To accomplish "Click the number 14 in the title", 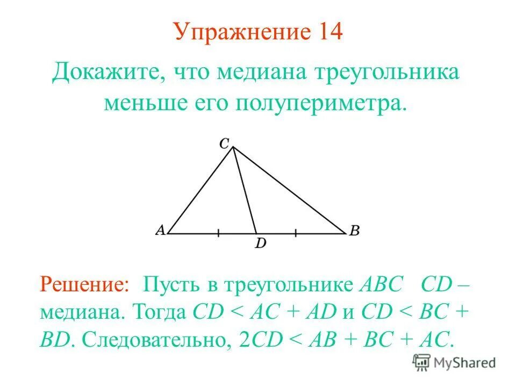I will click(326, 32).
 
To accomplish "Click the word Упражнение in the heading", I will click(241, 33).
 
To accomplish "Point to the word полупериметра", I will click(317, 102).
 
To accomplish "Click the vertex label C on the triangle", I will click(224, 143).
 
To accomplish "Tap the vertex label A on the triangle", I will click(160, 230).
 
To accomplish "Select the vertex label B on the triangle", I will click(354, 231).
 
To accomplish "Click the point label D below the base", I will click(261, 244).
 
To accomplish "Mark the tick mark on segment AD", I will click(218, 233).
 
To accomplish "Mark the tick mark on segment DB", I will click(296, 233).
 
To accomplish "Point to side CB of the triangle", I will click(290, 191).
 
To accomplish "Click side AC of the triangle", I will click(200, 191).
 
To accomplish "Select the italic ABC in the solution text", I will click(381, 284).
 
